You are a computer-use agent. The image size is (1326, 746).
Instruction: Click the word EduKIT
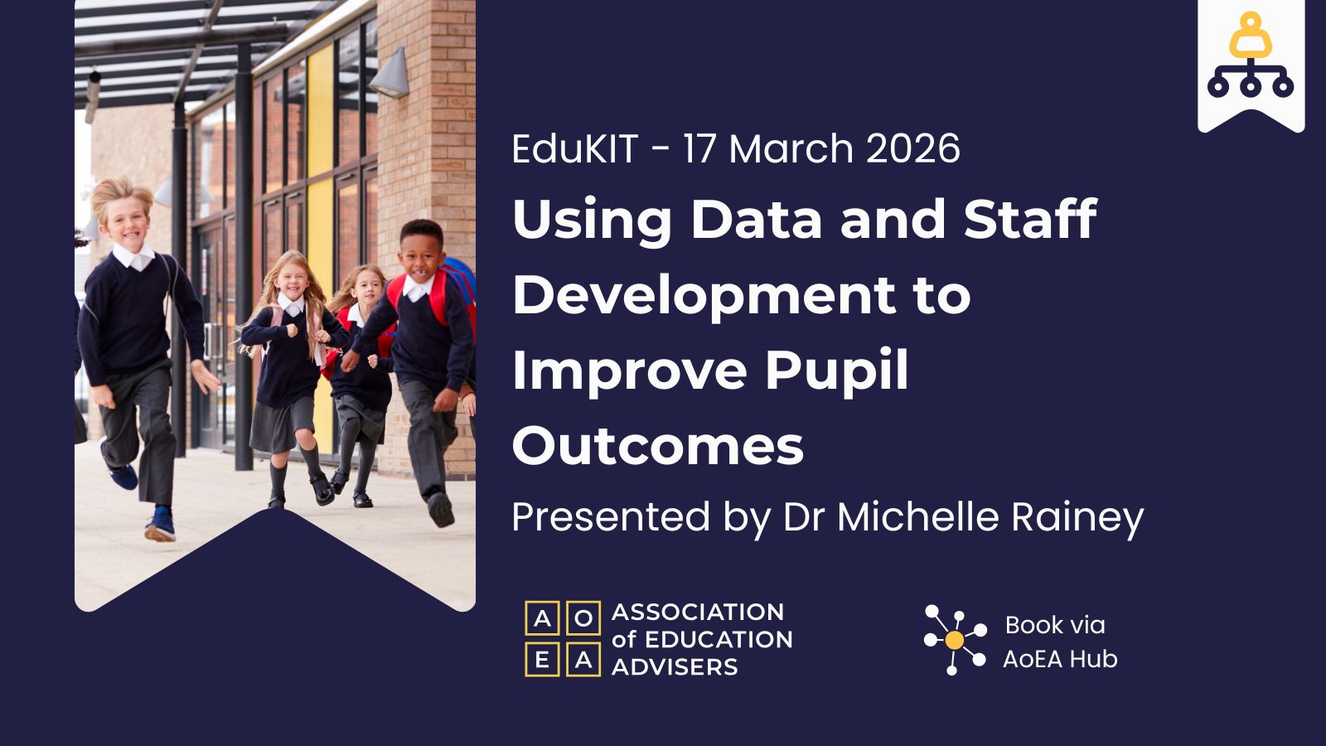[575, 148]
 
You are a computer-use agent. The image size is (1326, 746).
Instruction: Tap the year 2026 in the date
[912, 148]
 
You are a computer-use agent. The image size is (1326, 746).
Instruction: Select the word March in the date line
[791, 148]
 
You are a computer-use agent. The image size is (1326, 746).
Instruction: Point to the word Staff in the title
[1031, 218]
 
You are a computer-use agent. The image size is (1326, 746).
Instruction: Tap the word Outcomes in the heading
[658, 446]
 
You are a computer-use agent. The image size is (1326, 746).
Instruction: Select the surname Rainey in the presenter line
[1077, 518]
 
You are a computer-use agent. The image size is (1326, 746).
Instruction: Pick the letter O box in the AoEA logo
[583, 618]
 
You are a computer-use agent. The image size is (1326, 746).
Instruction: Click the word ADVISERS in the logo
[675, 667]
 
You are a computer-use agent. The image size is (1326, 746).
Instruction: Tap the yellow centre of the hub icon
[954, 639]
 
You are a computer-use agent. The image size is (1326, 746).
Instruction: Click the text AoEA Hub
[1060, 659]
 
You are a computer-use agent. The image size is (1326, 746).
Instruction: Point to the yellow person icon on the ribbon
[1251, 36]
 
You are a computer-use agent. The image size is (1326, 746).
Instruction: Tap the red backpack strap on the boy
[438, 296]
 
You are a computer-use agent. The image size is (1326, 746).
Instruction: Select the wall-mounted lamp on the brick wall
[390, 74]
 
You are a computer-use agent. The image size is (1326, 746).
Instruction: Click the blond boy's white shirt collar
[133, 257]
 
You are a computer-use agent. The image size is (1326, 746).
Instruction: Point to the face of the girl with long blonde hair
[292, 281]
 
